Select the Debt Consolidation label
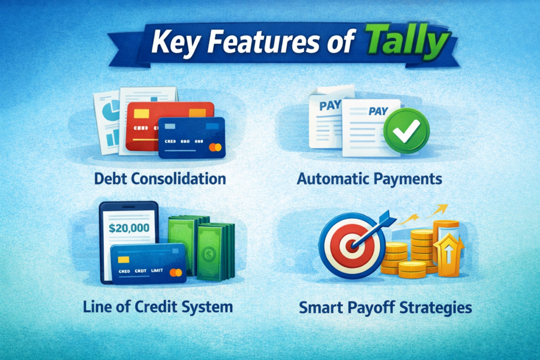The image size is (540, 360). [x=160, y=179]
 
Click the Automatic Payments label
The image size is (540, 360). [x=369, y=179]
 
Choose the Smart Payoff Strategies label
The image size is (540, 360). [x=385, y=307]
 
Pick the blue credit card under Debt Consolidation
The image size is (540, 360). [x=191, y=138]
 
